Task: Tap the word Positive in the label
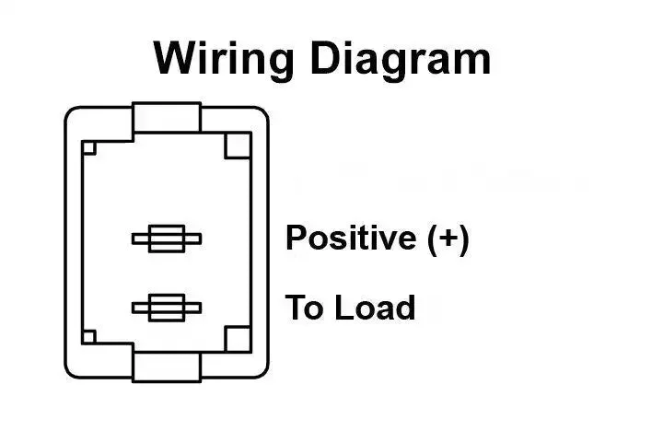tap(351, 238)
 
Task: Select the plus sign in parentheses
tap(448, 239)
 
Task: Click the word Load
tap(375, 308)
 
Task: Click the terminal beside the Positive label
tap(167, 239)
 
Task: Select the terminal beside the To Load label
tap(167, 308)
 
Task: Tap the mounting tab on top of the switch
tap(167, 117)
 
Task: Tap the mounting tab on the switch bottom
tap(167, 367)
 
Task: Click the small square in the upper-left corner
tap(89, 148)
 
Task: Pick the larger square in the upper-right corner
tap(238, 146)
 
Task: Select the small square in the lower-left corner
tap(89, 337)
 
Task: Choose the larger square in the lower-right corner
tap(238, 339)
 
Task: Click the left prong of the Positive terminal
tap(140, 239)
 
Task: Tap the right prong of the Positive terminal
tap(192, 239)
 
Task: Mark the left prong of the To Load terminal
tap(140, 308)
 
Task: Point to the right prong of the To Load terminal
tap(192, 308)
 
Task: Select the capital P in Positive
tap(296, 238)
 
